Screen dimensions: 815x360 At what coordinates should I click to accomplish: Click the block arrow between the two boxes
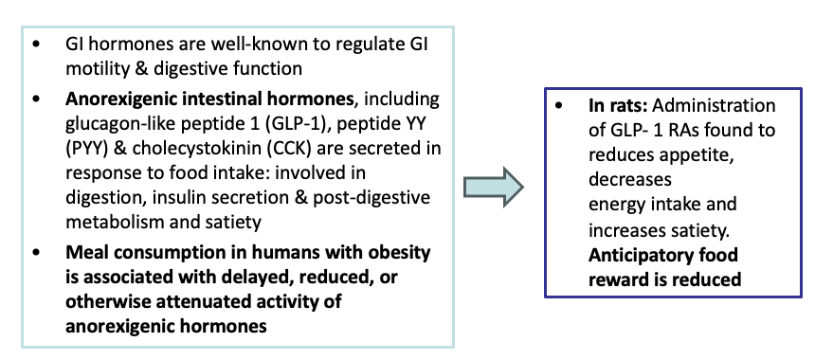(x=496, y=187)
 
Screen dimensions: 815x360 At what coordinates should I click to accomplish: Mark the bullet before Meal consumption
(x=36, y=254)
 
